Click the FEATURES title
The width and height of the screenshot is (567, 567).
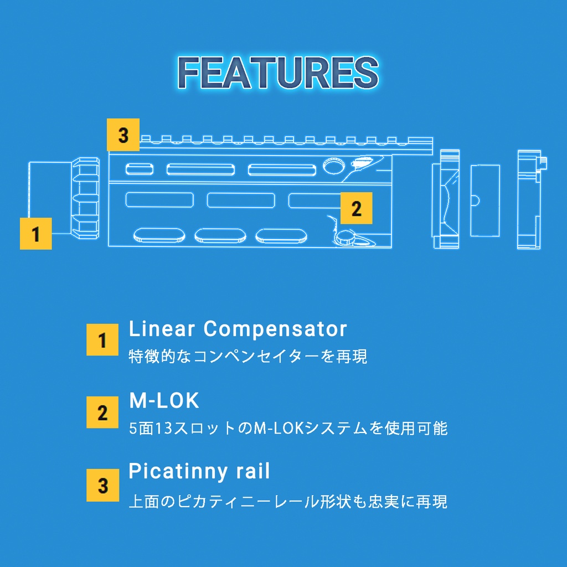[x=278, y=73]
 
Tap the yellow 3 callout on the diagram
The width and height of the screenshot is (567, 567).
[x=123, y=135]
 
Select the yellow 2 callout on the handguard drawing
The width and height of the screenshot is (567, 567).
[x=356, y=208]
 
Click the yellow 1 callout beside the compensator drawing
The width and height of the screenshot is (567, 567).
[x=36, y=234]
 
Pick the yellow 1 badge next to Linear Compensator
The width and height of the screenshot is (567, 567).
[x=102, y=340]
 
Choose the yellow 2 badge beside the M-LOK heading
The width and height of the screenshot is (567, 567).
[x=102, y=412]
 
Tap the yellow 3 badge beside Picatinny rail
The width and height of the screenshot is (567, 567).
[x=102, y=485]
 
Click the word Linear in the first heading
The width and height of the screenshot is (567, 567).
[x=162, y=329]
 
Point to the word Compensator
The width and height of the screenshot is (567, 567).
[x=275, y=329]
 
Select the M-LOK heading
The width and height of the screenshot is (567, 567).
[x=164, y=400]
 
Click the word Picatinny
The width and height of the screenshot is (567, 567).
[x=178, y=472]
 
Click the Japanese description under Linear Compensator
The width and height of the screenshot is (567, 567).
[x=248, y=356]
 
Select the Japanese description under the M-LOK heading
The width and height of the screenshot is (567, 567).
[x=288, y=429]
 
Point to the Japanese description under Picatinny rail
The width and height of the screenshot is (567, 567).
[x=288, y=502]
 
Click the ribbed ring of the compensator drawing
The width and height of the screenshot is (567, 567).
[x=85, y=198]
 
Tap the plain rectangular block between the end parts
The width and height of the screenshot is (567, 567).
[x=485, y=200]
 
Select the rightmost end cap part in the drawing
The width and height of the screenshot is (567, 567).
[x=531, y=200]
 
